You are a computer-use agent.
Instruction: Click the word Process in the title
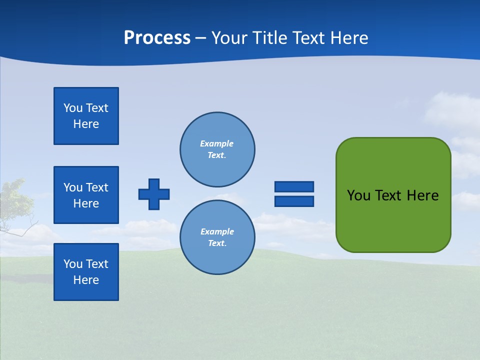pos(157,38)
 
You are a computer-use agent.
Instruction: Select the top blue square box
pos(86,116)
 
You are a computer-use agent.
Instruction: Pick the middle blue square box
pos(86,195)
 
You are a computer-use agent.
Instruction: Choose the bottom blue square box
pos(86,272)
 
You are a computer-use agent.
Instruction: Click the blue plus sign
pos(154,194)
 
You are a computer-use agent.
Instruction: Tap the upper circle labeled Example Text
pos(217,149)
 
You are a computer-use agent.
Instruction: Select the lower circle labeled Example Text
pos(217,237)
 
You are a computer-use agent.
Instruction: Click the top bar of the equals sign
pos(294,186)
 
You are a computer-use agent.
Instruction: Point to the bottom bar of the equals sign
pos(294,201)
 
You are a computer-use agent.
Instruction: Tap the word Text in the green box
pos(388,195)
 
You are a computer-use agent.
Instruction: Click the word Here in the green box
pos(422,195)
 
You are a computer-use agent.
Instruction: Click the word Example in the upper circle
pos(216,143)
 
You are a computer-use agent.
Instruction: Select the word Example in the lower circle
pos(217,231)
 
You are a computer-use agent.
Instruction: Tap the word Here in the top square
pos(86,124)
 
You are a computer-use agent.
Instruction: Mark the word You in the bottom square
pos(73,264)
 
